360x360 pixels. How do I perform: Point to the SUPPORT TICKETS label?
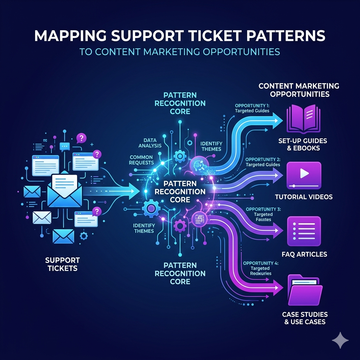(x=63, y=264)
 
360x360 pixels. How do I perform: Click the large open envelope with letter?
(x=65, y=190)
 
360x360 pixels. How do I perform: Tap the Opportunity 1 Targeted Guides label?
(x=252, y=108)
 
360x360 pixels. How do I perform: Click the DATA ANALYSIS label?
(x=150, y=143)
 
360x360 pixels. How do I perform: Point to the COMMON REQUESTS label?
(x=141, y=160)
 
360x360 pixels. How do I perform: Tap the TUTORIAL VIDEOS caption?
(x=304, y=197)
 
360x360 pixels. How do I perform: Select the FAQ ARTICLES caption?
(x=304, y=254)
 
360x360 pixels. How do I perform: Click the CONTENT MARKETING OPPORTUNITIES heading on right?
(x=299, y=90)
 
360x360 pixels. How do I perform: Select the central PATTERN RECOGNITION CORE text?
(x=180, y=192)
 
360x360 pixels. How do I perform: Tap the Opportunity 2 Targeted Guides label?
(x=263, y=162)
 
